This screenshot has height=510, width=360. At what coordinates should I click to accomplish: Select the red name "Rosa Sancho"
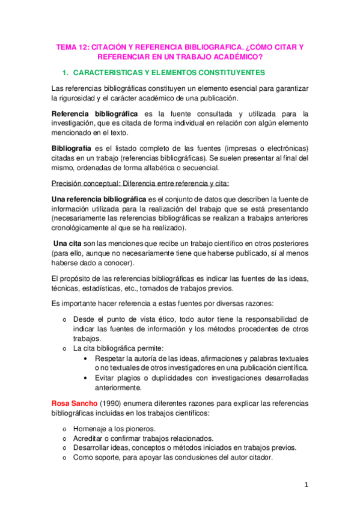click(72, 402)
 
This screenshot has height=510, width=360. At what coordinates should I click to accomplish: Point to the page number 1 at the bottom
click(306, 485)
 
